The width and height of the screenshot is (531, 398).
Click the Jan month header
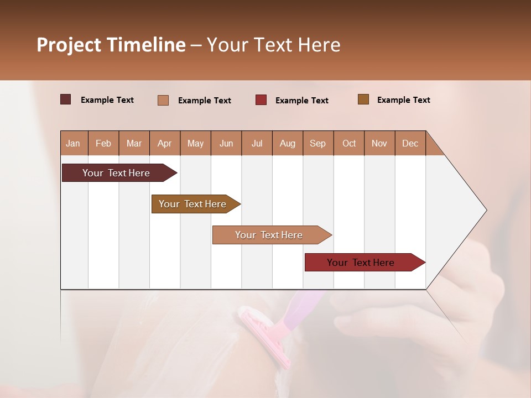[74, 143]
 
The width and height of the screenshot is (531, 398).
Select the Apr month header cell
[165, 143]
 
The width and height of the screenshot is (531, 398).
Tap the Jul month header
[257, 143]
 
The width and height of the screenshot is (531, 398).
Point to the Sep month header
[318, 143]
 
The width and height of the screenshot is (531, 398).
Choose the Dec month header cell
[410, 143]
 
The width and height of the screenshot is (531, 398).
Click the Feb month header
[103, 143]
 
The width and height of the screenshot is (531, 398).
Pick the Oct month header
[349, 143]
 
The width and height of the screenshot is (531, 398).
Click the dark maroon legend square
[65, 99]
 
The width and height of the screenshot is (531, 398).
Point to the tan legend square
[163, 100]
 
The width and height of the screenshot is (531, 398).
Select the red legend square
[261, 100]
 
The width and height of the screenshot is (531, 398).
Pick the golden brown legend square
[363, 99]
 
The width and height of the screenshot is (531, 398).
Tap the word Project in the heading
[68, 45]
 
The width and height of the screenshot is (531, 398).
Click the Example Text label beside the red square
[301, 101]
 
